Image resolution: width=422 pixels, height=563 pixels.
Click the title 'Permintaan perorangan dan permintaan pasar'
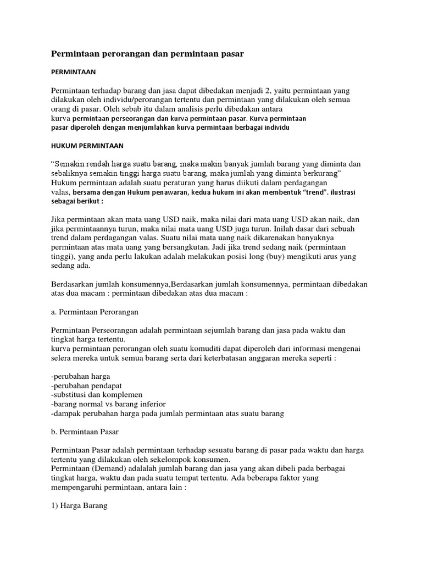147,53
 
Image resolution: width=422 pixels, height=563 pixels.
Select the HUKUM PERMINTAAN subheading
87,146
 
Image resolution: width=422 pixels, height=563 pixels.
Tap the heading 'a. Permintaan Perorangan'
95,311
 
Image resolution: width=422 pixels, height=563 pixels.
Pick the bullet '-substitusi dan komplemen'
97,395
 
